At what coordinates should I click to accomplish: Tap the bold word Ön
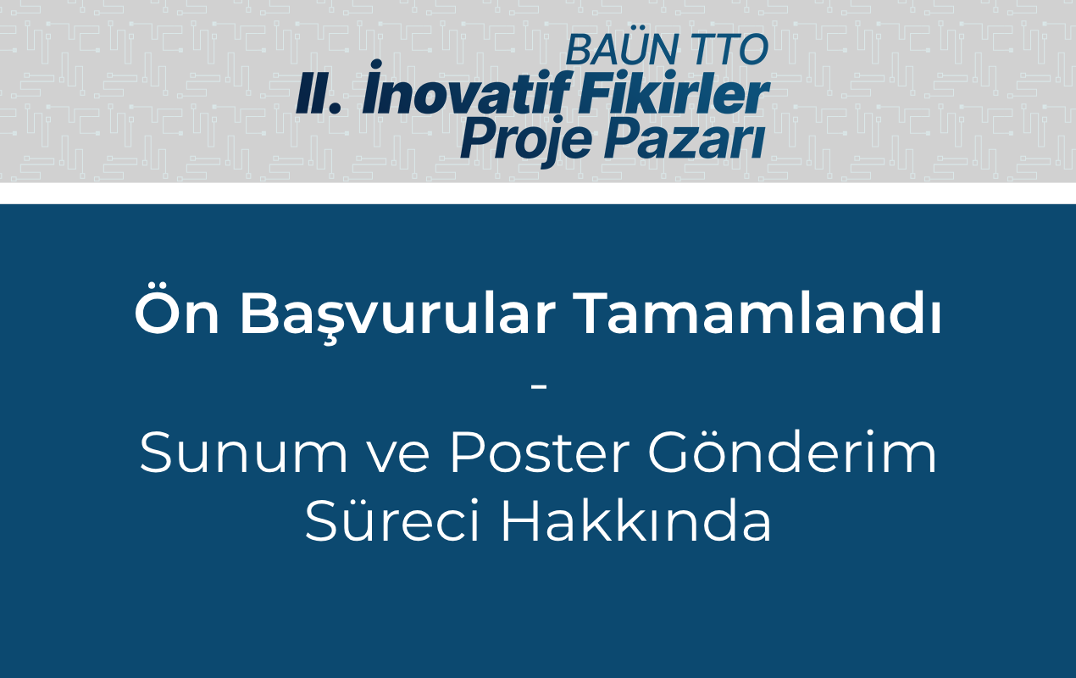177,313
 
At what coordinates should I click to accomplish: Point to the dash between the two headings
539,386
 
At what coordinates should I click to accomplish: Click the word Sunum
243,453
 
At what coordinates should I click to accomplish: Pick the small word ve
400,458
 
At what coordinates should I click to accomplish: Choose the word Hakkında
636,520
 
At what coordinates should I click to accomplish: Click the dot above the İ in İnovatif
376,64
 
